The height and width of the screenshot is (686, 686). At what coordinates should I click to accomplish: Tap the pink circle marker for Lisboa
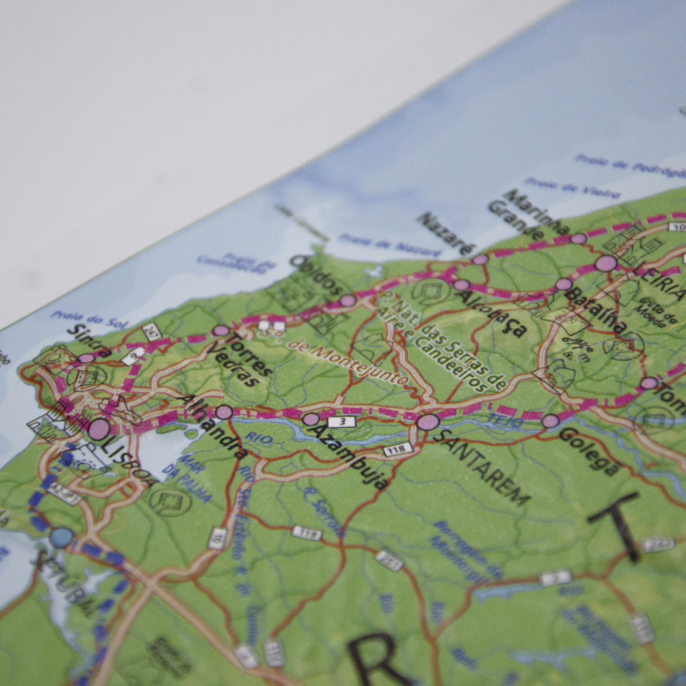[x=99, y=429]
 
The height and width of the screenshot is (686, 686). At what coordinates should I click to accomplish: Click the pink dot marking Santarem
[x=427, y=422]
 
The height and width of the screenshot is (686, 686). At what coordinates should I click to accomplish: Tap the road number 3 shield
[x=341, y=422]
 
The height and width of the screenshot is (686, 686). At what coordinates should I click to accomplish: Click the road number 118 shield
[x=397, y=449]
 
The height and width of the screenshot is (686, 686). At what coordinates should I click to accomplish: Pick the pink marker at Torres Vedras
[x=220, y=330]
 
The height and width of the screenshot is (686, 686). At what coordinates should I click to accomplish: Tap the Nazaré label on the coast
[x=445, y=233]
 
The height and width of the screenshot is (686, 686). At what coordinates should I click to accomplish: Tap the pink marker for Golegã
[x=550, y=421]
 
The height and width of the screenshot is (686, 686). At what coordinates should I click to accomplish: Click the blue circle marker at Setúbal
[x=61, y=538]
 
